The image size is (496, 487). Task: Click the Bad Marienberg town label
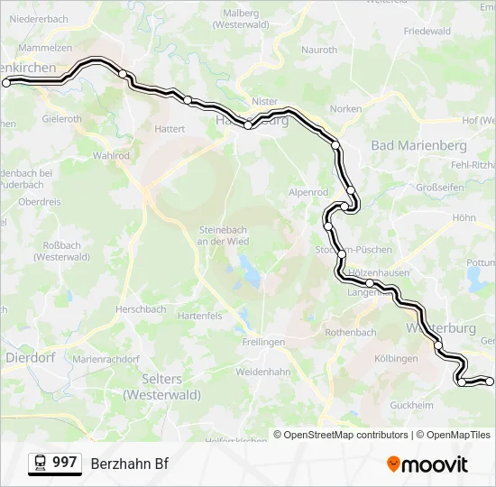pos(418,145)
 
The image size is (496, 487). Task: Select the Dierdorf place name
pos(31,356)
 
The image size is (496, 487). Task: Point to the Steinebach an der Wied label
pos(223,234)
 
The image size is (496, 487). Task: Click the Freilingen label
pos(263,342)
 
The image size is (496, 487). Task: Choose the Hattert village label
pos(170,129)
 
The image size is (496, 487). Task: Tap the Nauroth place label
pos(318,51)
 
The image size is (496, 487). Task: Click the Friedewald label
pos(427,31)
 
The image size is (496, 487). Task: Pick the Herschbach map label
pos(141,309)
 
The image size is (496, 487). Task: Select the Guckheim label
pos(414,405)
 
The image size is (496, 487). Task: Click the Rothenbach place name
pos(351,333)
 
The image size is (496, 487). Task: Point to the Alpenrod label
pos(308,192)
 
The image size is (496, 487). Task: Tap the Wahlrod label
pos(111,155)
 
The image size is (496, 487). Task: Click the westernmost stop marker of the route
pos(6,82)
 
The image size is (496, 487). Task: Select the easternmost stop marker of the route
pos(490,381)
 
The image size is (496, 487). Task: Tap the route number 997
pos(65,463)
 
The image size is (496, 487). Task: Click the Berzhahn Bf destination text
pos(129,464)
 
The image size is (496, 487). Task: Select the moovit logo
pos(427,464)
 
